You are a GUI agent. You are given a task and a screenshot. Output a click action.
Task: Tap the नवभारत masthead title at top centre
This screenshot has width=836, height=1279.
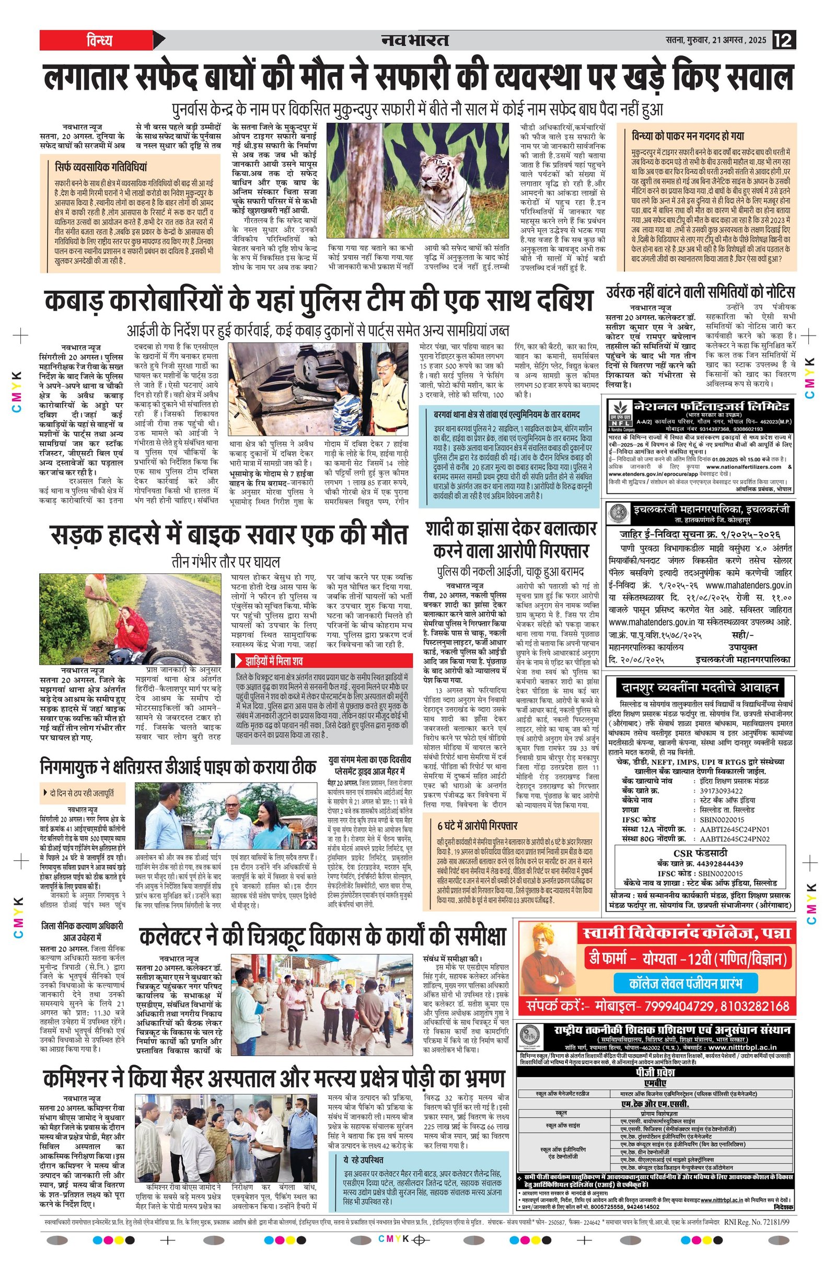415,40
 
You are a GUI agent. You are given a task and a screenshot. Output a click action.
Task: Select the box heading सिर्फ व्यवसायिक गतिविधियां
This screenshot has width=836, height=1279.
101,167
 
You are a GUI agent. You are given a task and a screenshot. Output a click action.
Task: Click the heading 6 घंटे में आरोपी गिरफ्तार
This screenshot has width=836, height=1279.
477,825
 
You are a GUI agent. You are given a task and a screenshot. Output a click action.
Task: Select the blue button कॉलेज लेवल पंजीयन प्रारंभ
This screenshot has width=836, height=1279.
685,984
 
